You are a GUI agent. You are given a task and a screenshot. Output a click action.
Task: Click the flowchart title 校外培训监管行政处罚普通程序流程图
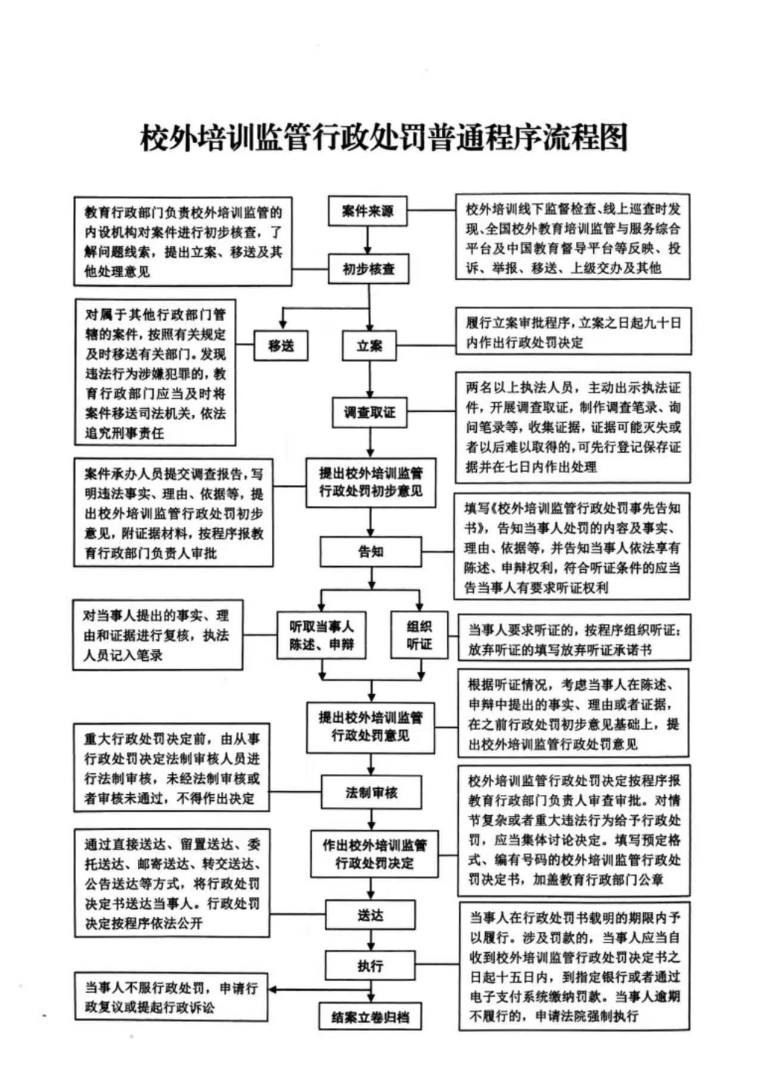(x=384, y=139)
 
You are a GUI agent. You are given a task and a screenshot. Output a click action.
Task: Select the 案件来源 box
(x=368, y=211)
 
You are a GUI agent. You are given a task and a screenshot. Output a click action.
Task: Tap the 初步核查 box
(x=368, y=269)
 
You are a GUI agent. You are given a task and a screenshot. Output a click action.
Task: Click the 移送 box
(x=281, y=346)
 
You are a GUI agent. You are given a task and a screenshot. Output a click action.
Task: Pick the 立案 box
(x=370, y=346)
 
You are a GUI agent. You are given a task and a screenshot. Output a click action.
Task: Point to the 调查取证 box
(x=370, y=412)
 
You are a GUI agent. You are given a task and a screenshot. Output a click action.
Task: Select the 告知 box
(x=370, y=551)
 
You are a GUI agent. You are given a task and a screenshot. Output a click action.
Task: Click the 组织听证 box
(x=419, y=635)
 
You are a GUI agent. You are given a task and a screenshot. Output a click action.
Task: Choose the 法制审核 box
(x=371, y=792)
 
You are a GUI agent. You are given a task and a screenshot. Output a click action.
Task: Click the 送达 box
(x=370, y=915)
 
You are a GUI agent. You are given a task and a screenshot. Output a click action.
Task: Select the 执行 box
(x=370, y=966)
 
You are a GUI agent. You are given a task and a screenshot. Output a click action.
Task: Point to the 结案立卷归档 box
(x=370, y=1017)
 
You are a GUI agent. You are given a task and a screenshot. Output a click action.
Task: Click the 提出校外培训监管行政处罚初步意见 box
(x=370, y=482)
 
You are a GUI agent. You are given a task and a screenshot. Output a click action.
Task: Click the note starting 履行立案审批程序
(x=573, y=332)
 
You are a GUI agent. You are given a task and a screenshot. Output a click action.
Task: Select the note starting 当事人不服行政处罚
(x=171, y=998)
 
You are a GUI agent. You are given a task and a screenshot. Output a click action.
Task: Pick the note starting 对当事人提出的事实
(x=157, y=635)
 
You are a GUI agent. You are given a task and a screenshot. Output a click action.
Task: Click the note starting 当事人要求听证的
(x=573, y=640)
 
